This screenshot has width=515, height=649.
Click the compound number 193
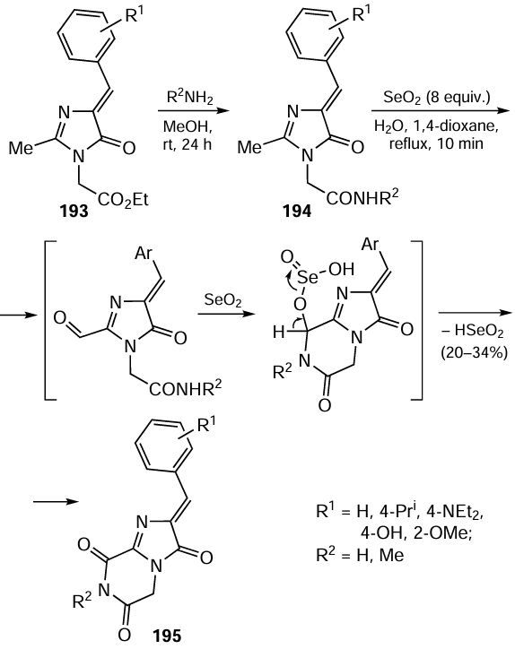click(74, 212)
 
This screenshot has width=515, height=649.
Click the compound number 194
click(298, 212)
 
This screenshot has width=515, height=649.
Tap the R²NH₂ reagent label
click(190, 99)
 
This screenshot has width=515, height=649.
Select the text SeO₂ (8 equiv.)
click(437, 98)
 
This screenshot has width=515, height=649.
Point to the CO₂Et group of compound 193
click(123, 200)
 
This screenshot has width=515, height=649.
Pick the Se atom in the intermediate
click(308, 277)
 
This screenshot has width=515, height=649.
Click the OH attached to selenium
click(342, 270)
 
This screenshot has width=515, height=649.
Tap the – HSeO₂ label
click(472, 332)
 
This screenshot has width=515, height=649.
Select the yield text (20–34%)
click(474, 353)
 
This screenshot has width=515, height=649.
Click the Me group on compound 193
click(21, 148)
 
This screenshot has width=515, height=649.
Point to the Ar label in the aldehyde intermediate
click(144, 254)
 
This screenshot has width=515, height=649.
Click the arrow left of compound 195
click(56, 502)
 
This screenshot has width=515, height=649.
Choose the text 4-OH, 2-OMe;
click(416, 533)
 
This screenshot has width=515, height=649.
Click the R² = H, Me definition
click(359, 554)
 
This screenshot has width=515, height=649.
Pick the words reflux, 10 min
click(436, 143)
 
